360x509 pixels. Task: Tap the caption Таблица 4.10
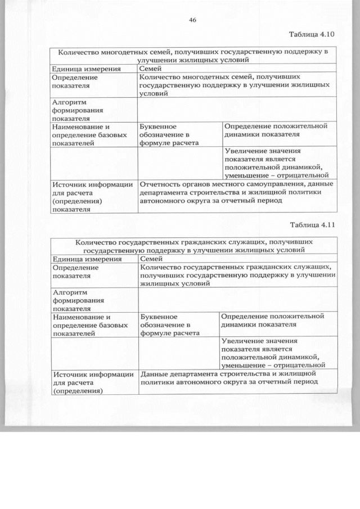[312, 34]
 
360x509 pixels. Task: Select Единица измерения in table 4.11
[87, 259]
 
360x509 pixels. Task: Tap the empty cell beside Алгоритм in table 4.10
[237, 110]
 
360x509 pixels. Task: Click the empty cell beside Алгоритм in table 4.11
[237, 300]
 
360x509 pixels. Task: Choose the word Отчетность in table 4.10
[161, 184]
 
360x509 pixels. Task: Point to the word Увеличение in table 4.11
[242, 341]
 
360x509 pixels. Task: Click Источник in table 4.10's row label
[69, 184]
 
